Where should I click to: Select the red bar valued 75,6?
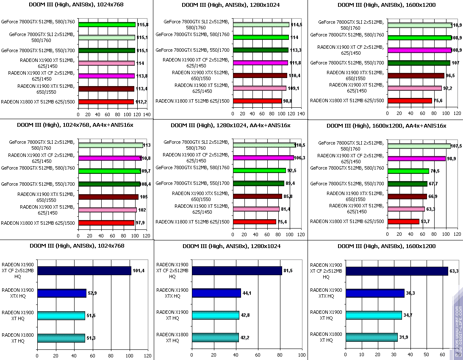pyautogui.click(x=410, y=101)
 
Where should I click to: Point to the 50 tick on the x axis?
pyautogui.click(x=426, y=354)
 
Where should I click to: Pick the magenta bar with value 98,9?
pyautogui.click(x=416, y=159)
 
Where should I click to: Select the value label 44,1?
pyautogui.click(x=247, y=293)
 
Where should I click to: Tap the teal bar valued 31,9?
pyautogui.click(x=372, y=338)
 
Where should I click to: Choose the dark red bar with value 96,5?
pyautogui.click(x=416, y=75)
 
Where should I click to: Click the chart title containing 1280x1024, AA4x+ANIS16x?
pyautogui.click(x=230, y=126)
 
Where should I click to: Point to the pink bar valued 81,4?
pyautogui.click(x=256, y=209)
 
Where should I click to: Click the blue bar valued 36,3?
pyautogui.click(x=375, y=293)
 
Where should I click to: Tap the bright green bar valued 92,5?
pyautogui.click(x=259, y=171)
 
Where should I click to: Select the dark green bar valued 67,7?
pyautogui.click(x=408, y=184)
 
